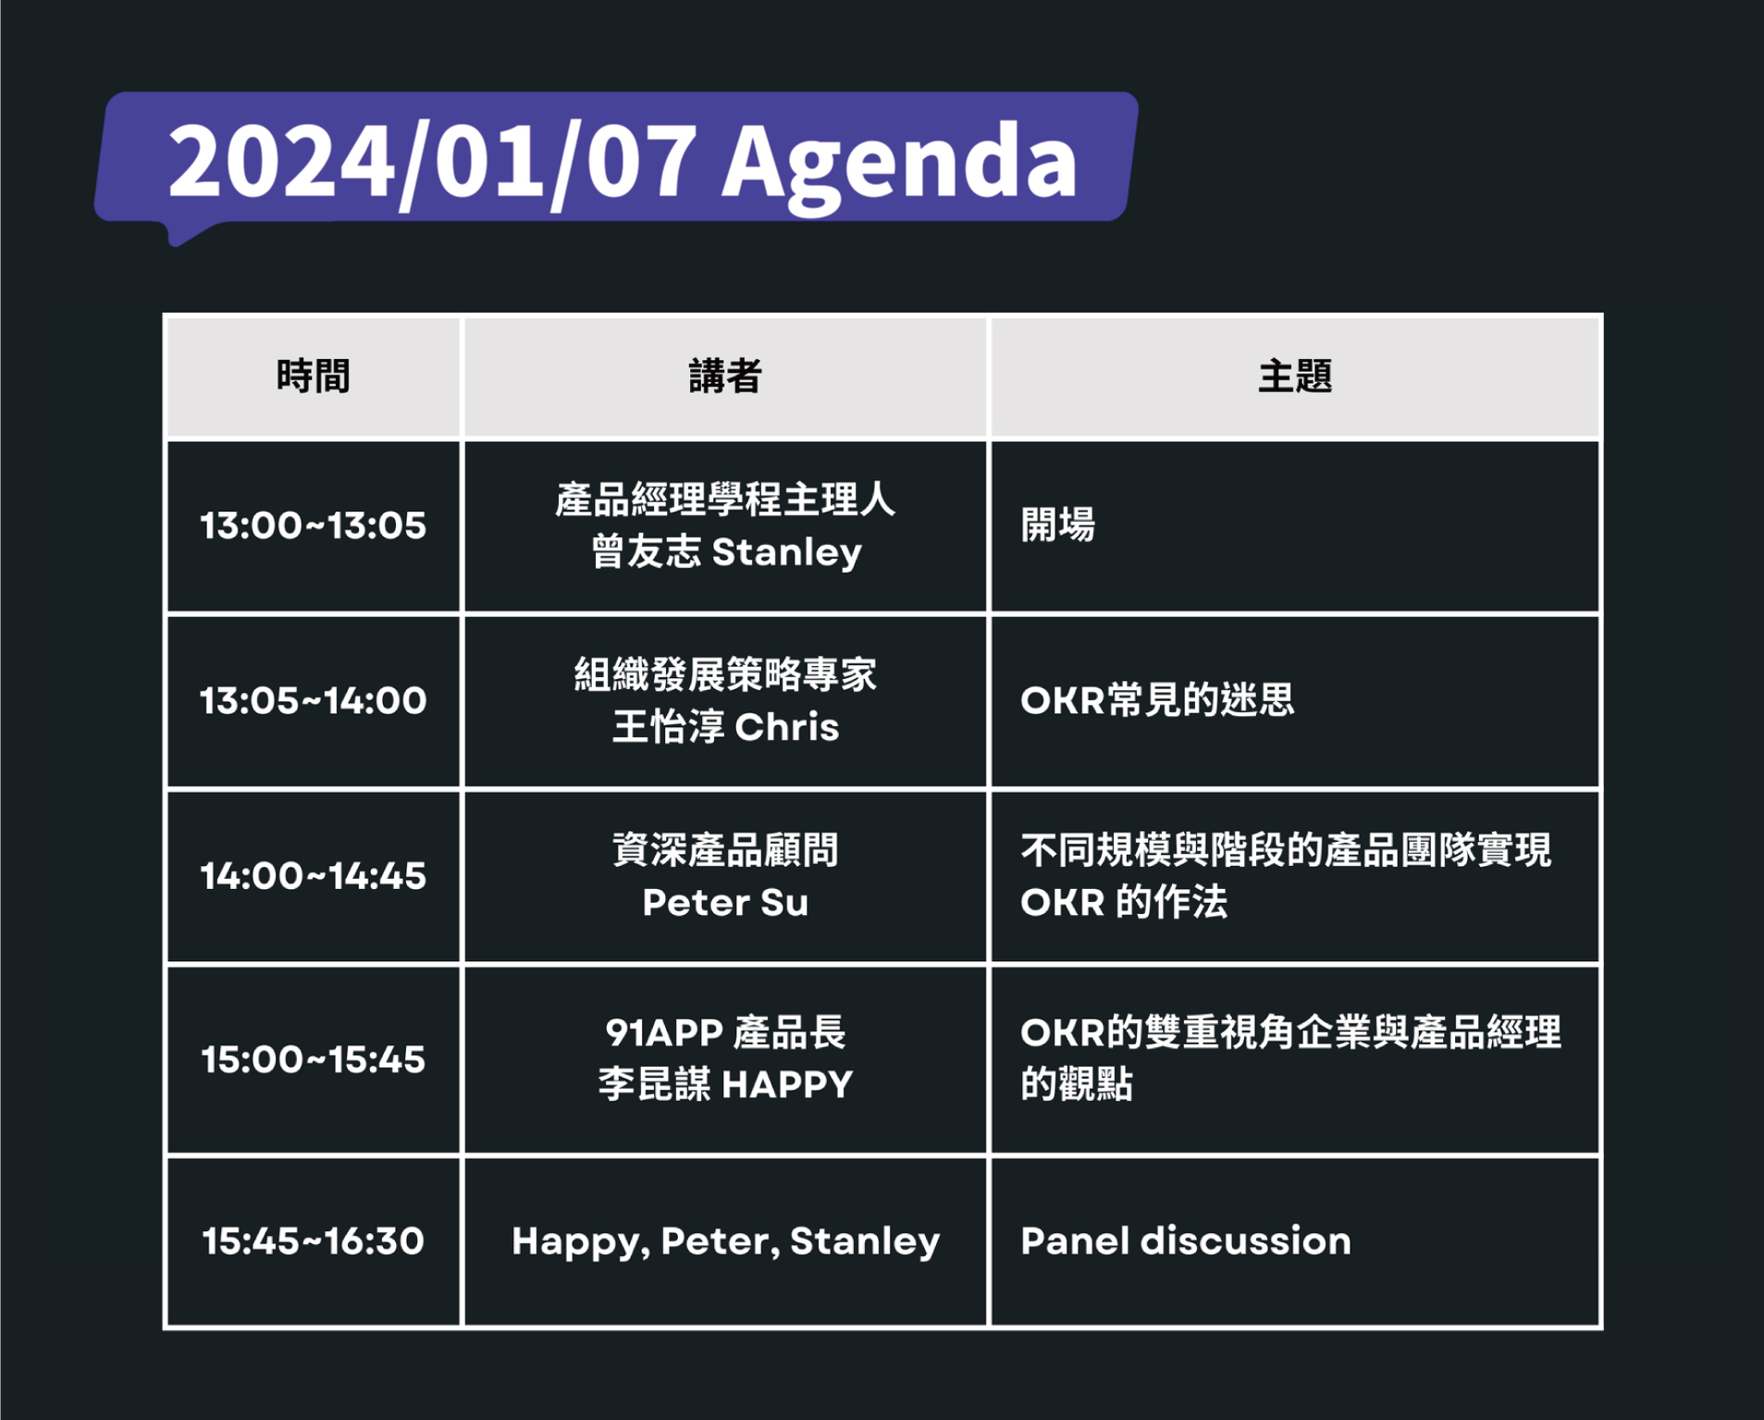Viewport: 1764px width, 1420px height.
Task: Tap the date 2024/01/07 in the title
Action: pyautogui.click(x=432, y=163)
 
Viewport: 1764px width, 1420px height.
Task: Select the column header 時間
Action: pyautogui.click(x=313, y=377)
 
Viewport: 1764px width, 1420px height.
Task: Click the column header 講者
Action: pyautogui.click(x=725, y=377)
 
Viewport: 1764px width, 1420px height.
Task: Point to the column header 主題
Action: pyautogui.click(x=1295, y=377)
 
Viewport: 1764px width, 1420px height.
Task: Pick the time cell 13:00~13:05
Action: pyautogui.click(x=314, y=525)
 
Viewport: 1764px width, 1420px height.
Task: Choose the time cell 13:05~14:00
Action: pyautogui.click(x=314, y=700)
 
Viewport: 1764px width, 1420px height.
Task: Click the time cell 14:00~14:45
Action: pyautogui.click(x=314, y=876)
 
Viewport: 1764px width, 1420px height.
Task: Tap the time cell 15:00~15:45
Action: pyautogui.click(x=314, y=1059)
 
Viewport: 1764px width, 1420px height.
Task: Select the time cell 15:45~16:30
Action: pyautogui.click(x=314, y=1241)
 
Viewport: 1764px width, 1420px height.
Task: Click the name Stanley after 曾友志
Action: pyautogui.click(x=787, y=553)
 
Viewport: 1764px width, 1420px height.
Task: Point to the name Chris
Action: pyautogui.click(x=788, y=727)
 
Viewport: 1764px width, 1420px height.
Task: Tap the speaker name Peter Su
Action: pyautogui.click(x=725, y=902)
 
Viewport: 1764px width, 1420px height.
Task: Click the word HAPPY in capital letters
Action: pyautogui.click(x=788, y=1084)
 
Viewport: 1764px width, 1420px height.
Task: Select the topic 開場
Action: pyautogui.click(x=1058, y=525)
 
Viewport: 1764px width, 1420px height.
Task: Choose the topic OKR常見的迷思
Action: pyautogui.click(x=1157, y=700)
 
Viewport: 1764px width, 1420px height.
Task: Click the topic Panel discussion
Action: pyautogui.click(x=1186, y=1241)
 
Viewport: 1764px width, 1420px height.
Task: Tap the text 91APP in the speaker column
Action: pyautogui.click(x=664, y=1032)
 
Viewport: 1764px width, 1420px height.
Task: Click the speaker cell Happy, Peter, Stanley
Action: pyautogui.click(x=725, y=1242)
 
